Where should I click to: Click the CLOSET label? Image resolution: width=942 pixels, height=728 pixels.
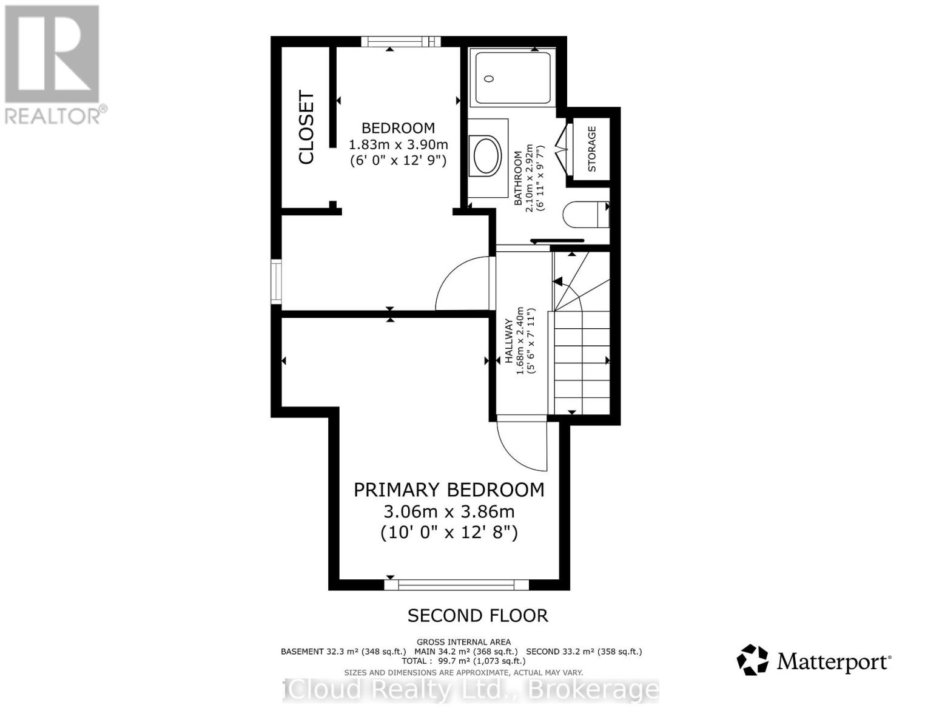pyautogui.click(x=307, y=127)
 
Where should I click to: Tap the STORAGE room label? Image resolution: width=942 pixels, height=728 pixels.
pyautogui.click(x=592, y=149)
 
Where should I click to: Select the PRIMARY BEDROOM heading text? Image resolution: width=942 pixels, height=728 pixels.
pyautogui.click(x=449, y=490)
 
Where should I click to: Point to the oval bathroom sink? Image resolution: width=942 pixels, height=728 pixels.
pyautogui.click(x=487, y=157)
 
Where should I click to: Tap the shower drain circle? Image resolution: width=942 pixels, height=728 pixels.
pyautogui.click(x=490, y=78)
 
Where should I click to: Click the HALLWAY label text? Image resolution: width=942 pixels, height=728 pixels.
pyautogui.click(x=509, y=341)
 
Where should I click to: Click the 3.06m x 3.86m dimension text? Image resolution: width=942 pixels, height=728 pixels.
pyautogui.click(x=449, y=511)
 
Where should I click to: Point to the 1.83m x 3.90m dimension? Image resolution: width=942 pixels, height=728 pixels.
pyautogui.click(x=399, y=144)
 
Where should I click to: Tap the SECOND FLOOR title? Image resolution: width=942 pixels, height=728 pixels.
pyautogui.click(x=477, y=616)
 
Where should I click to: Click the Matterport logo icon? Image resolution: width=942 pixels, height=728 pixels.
pyautogui.click(x=752, y=660)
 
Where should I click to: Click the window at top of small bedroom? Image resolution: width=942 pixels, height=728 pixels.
pyautogui.click(x=400, y=41)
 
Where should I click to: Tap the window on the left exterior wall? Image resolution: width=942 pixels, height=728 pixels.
pyautogui.click(x=277, y=281)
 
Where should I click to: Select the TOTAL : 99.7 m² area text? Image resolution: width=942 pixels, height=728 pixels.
pyautogui.click(x=463, y=661)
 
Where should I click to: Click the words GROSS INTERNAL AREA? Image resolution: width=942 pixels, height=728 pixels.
pyautogui.click(x=463, y=642)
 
